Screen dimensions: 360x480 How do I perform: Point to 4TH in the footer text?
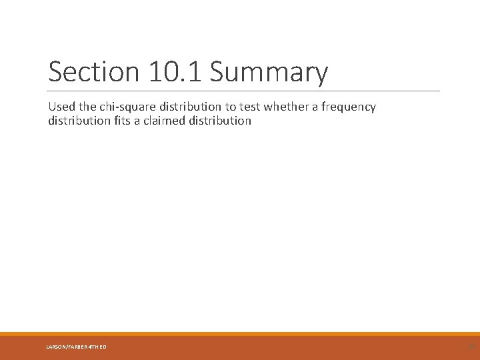tap(92, 346)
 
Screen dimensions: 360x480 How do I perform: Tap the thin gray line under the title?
tap(244, 91)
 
